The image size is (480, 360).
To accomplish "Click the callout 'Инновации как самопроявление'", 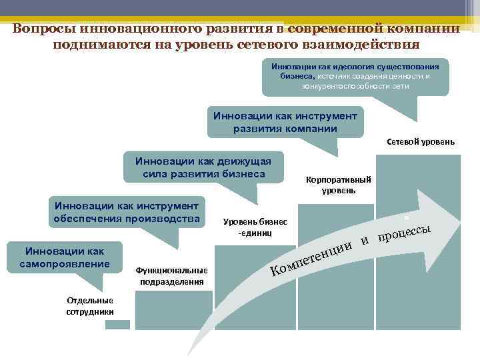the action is [67, 257].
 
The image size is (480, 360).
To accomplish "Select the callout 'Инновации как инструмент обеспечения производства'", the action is [127, 212].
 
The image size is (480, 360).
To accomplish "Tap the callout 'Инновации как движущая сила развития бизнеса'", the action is [204, 167].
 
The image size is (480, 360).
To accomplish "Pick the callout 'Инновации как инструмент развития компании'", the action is [285, 122].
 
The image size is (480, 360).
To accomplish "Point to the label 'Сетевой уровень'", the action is [421, 141].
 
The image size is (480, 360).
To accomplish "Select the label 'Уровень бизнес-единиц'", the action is [255, 227].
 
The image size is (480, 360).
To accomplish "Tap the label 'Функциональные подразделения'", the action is [171, 275].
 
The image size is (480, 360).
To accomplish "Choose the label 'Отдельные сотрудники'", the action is [90, 305].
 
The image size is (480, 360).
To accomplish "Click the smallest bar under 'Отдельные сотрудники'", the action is [117, 325].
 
